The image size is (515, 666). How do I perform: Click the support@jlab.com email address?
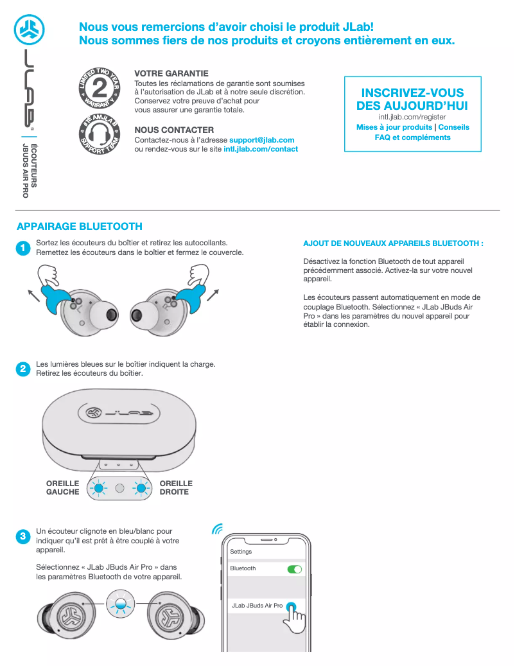[261, 140]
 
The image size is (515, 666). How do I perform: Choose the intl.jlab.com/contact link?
[261, 149]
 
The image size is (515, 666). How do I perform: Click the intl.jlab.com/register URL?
[412, 118]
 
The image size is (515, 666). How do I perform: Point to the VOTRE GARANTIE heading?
[171, 74]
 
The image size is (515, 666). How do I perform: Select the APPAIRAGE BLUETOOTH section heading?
[80, 227]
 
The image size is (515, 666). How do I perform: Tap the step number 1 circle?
[23, 248]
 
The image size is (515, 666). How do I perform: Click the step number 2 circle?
[23, 369]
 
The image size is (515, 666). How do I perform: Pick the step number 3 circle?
[23, 536]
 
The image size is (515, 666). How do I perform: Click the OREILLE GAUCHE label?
[63, 488]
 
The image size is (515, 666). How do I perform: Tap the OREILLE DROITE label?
[176, 488]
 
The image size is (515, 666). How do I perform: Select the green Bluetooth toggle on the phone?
[295, 569]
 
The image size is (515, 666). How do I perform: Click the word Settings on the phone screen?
[241, 552]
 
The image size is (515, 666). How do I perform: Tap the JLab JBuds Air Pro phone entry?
[257, 606]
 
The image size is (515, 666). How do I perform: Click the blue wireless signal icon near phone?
[218, 529]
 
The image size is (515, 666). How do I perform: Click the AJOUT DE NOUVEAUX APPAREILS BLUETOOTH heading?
[392, 244]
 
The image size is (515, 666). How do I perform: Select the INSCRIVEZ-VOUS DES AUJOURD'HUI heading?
[412, 100]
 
